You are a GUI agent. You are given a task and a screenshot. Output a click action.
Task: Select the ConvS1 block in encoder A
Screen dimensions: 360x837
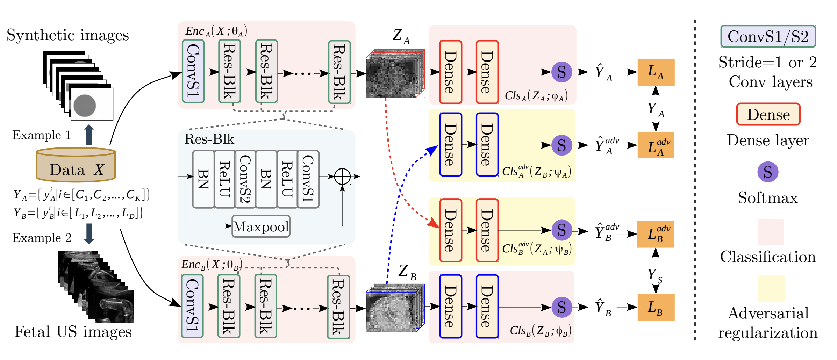(193, 71)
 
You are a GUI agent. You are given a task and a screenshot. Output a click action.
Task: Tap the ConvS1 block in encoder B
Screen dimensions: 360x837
(192, 306)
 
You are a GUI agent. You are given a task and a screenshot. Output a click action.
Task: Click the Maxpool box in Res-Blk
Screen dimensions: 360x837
(261, 226)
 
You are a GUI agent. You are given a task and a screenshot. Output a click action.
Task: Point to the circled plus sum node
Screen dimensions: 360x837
(342, 176)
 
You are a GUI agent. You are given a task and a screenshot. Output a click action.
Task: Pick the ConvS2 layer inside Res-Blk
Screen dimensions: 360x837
(245, 179)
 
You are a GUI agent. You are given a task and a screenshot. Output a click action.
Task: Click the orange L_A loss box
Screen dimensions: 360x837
(656, 72)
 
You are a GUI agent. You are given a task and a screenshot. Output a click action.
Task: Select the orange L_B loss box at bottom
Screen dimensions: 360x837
(656, 307)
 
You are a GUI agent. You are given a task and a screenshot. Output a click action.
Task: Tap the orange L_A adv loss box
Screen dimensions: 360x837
(656, 145)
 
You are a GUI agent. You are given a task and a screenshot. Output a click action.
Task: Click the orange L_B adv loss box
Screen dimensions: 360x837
(656, 234)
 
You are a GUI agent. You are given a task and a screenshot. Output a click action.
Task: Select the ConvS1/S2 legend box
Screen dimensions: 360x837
(768, 36)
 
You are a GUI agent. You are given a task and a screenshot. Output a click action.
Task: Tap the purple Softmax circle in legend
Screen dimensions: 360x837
(768, 172)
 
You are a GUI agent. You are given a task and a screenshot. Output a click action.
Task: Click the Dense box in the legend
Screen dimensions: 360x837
(768, 114)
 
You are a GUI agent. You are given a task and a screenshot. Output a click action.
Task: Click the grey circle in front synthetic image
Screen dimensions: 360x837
(85, 106)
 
